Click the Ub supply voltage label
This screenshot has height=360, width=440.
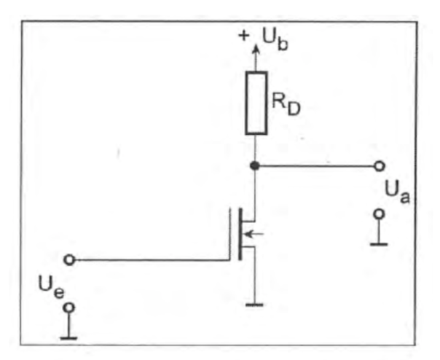[275, 40]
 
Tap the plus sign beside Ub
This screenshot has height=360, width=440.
[244, 36]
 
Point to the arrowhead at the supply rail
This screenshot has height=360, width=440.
[256, 48]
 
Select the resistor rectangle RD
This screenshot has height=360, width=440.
[256, 103]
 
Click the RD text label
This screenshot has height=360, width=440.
[286, 104]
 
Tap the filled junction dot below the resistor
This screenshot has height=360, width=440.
[255, 166]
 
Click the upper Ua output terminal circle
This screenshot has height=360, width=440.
[380, 166]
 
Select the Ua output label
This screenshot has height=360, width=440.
[397, 192]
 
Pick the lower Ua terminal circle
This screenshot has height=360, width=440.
[379, 214]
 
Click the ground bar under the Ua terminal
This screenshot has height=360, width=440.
[379, 245]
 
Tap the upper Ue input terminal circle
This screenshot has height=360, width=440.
[70, 259]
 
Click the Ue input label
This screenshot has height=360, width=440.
[51, 287]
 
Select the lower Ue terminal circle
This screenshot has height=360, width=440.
[69, 308]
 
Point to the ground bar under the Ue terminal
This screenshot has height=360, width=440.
[68, 338]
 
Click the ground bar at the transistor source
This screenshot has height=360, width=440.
[254, 305]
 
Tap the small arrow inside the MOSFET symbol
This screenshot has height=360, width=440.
[254, 234]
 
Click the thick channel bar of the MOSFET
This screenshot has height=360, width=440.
[240, 234]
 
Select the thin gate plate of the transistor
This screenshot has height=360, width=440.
[230, 234]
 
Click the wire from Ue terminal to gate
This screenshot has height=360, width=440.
[152, 260]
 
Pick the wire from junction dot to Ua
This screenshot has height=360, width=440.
[317, 166]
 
